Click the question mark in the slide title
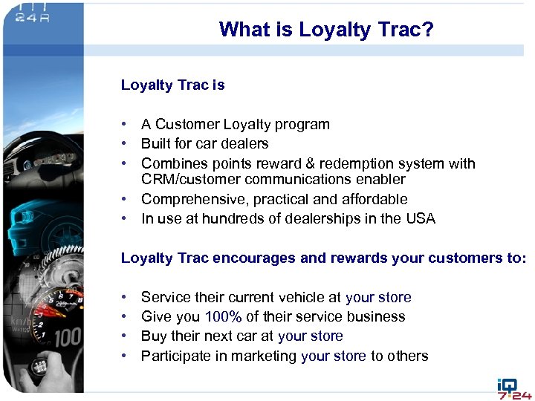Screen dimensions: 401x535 pos(428,30)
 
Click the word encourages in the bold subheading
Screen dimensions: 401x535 pos(250,258)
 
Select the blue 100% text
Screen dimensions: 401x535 pos(223,316)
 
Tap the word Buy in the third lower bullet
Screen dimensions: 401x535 pos(153,336)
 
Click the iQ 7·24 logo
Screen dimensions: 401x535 pos(513,388)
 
